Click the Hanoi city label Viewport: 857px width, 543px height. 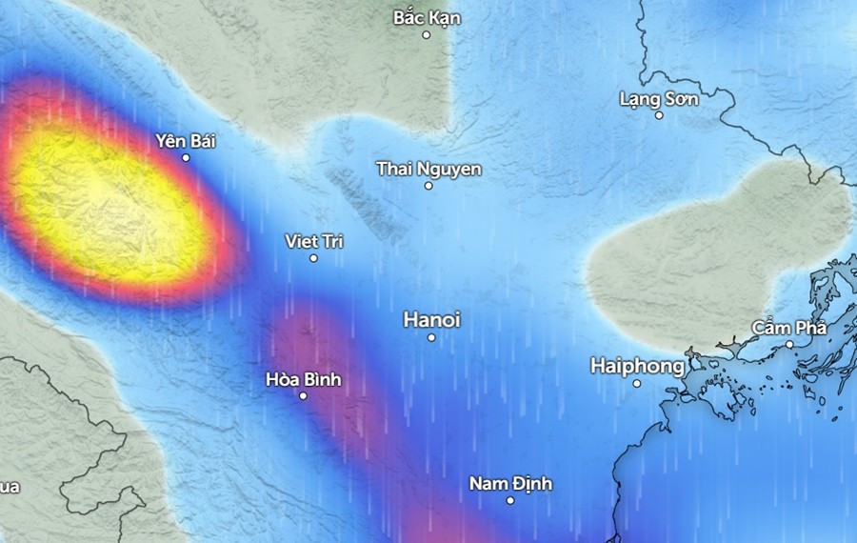tap(431, 320)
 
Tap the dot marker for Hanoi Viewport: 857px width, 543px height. tap(431, 337)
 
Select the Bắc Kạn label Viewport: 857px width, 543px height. tap(427, 17)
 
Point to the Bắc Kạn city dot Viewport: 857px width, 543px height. tap(427, 34)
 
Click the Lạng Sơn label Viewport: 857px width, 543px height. tap(659, 98)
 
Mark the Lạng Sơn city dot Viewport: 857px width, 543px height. tap(659, 115)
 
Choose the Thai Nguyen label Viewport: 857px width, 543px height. tap(428, 169)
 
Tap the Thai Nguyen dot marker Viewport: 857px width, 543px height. tap(428, 186)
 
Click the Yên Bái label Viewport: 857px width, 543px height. tap(186, 141)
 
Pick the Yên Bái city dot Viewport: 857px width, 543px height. tap(186, 157)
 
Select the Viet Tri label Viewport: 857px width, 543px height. tap(314, 241)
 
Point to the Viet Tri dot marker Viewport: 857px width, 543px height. tap(313, 258)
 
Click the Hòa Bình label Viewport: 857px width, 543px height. tap(303, 380)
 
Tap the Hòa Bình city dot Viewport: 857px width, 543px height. tap(303, 396)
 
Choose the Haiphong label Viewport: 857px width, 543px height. tap(637, 366)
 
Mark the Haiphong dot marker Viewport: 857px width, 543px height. tap(637, 383)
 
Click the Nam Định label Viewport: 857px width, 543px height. tap(510, 484)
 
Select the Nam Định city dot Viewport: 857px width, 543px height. tap(510, 500)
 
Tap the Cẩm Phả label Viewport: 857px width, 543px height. tap(789, 327)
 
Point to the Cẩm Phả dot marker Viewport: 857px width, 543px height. tap(789, 344)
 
